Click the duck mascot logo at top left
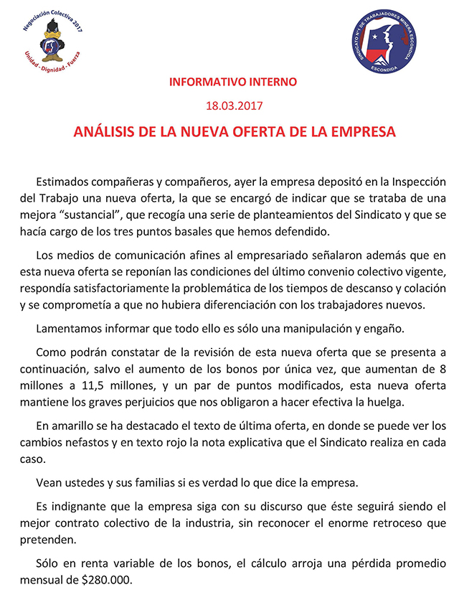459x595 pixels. [x=52, y=45]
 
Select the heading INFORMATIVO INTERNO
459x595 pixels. [x=232, y=82]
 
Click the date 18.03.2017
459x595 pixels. [x=234, y=106]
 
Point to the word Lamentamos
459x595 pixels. [x=69, y=328]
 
